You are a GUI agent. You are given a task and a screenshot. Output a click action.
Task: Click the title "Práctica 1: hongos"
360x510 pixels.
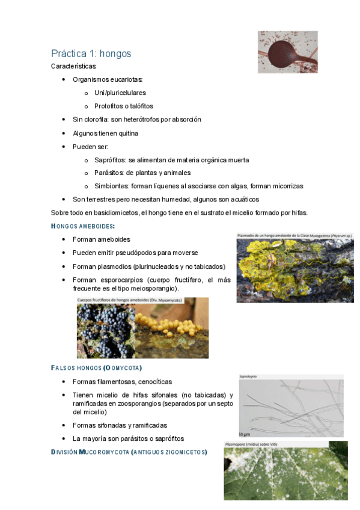point(91,54)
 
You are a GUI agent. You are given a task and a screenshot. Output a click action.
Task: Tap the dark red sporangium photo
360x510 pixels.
point(287,52)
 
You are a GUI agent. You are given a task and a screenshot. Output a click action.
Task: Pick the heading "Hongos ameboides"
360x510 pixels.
point(83,226)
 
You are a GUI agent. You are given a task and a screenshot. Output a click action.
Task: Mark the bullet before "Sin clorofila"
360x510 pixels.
point(64,120)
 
